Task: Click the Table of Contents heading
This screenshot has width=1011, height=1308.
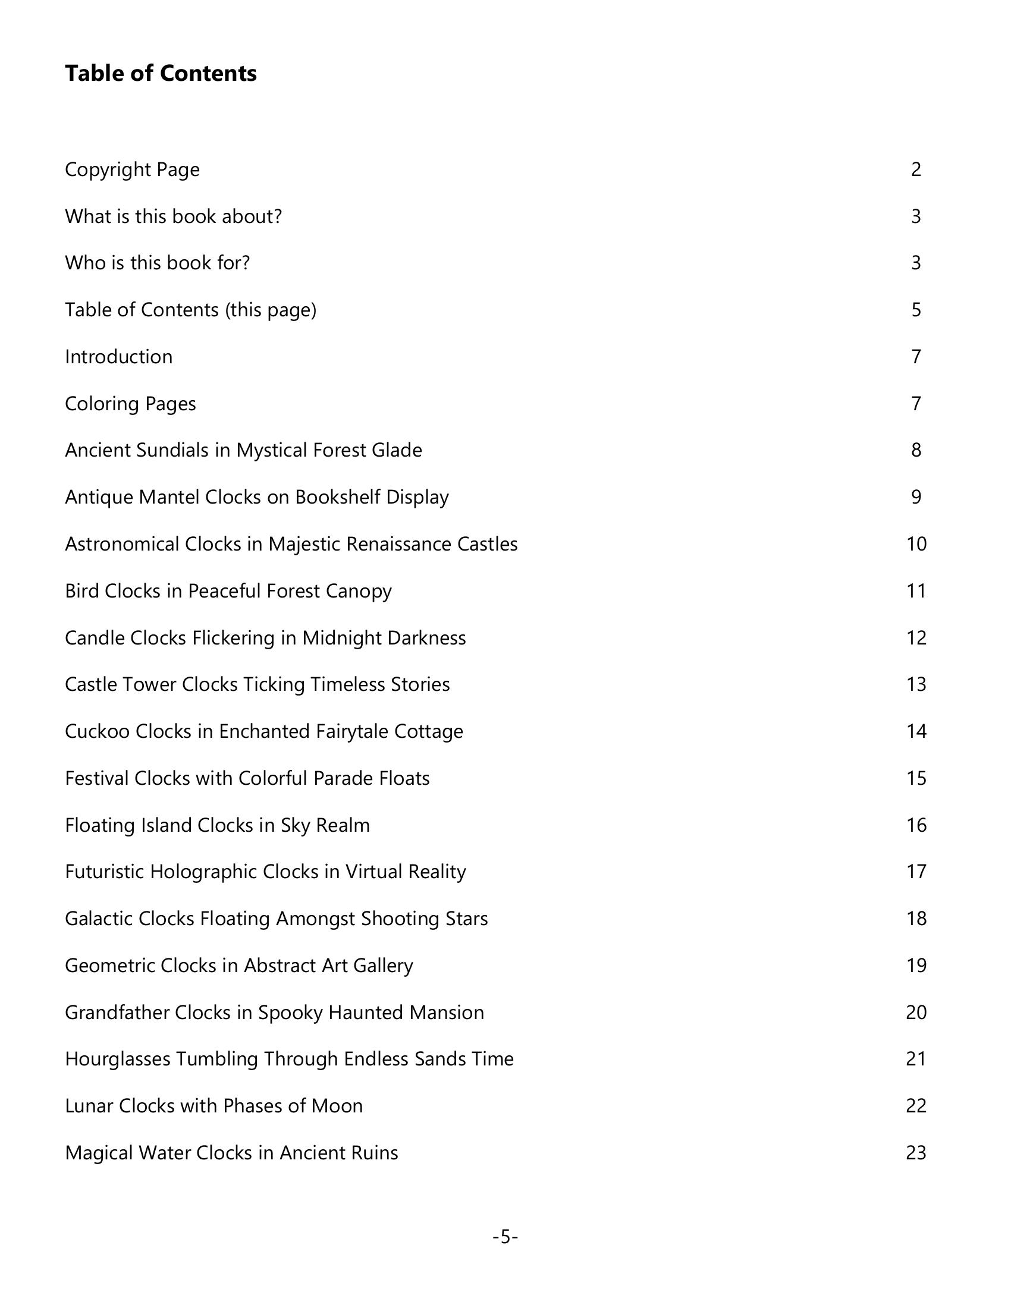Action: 161,73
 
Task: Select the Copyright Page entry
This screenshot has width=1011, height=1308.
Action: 132,169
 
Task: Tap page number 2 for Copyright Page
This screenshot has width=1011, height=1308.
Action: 916,169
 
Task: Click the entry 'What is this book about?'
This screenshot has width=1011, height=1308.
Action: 173,216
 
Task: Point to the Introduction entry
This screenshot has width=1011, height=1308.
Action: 118,357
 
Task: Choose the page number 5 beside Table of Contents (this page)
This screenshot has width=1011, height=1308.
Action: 916,310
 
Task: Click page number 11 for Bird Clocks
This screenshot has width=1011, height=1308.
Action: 916,591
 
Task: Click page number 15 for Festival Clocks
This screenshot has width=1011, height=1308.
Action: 916,778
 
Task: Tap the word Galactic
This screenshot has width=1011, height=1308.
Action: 98,919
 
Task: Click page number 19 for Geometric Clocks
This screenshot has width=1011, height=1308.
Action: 916,966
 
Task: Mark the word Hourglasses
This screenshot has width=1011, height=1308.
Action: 117,1059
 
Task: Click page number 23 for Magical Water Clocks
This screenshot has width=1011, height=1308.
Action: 916,1153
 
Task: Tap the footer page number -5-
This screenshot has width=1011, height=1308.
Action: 505,1237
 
